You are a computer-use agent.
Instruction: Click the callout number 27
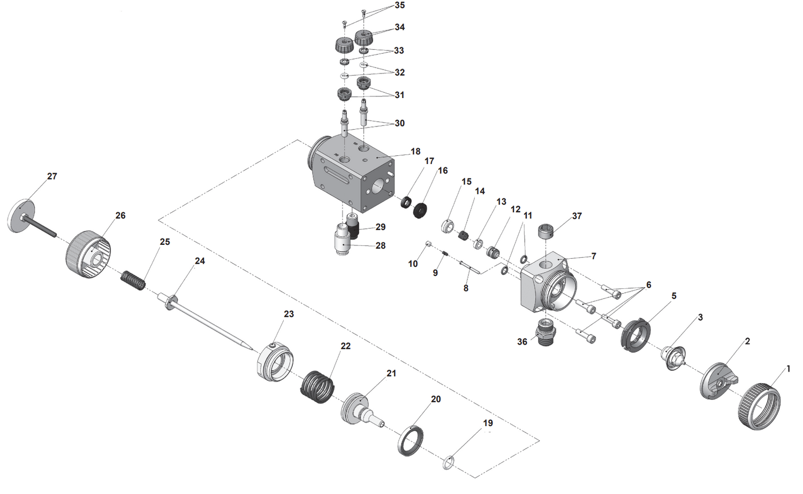[52, 176]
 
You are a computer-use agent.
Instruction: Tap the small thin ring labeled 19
[449, 462]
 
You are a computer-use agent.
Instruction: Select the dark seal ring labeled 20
[411, 440]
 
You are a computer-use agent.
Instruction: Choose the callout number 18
[415, 152]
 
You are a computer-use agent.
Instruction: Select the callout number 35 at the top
[399, 5]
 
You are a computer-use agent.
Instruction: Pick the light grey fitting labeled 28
[341, 243]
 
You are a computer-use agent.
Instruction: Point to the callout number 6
[648, 285]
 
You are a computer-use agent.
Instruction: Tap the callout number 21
[391, 373]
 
